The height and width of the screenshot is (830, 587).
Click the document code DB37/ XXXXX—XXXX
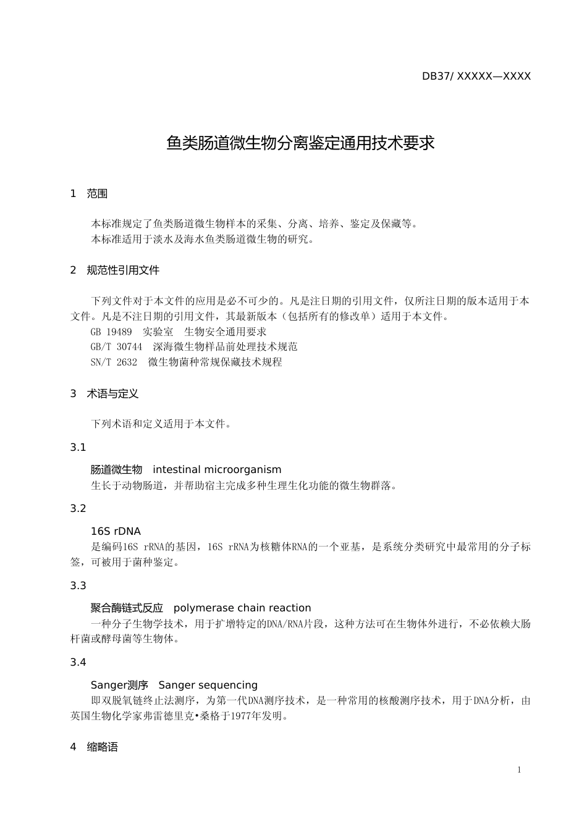(476, 77)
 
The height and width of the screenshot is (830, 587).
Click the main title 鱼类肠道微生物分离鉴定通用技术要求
(300, 143)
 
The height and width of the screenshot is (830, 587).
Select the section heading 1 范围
(89, 194)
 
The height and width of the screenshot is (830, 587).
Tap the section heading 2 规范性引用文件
(115, 270)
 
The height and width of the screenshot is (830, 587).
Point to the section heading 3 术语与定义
(104, 393)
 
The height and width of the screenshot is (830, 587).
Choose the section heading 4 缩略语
(94, 747)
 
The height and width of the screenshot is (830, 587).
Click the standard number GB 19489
(111, 332)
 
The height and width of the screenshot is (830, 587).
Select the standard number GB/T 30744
(116, 347)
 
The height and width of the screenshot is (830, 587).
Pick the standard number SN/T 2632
(114, 363)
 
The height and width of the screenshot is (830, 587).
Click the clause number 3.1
(78, 447)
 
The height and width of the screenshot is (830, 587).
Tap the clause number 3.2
(78, 508)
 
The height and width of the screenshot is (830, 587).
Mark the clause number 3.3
(78, 585)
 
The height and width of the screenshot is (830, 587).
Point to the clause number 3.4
(78, 662)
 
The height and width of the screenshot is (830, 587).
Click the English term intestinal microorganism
(217, 470)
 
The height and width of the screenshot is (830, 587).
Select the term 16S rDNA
(116, 531)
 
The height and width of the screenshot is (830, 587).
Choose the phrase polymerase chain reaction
(242, 608)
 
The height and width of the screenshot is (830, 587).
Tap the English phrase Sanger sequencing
(208, 685)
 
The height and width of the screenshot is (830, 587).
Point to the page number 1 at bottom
(519, 769)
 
